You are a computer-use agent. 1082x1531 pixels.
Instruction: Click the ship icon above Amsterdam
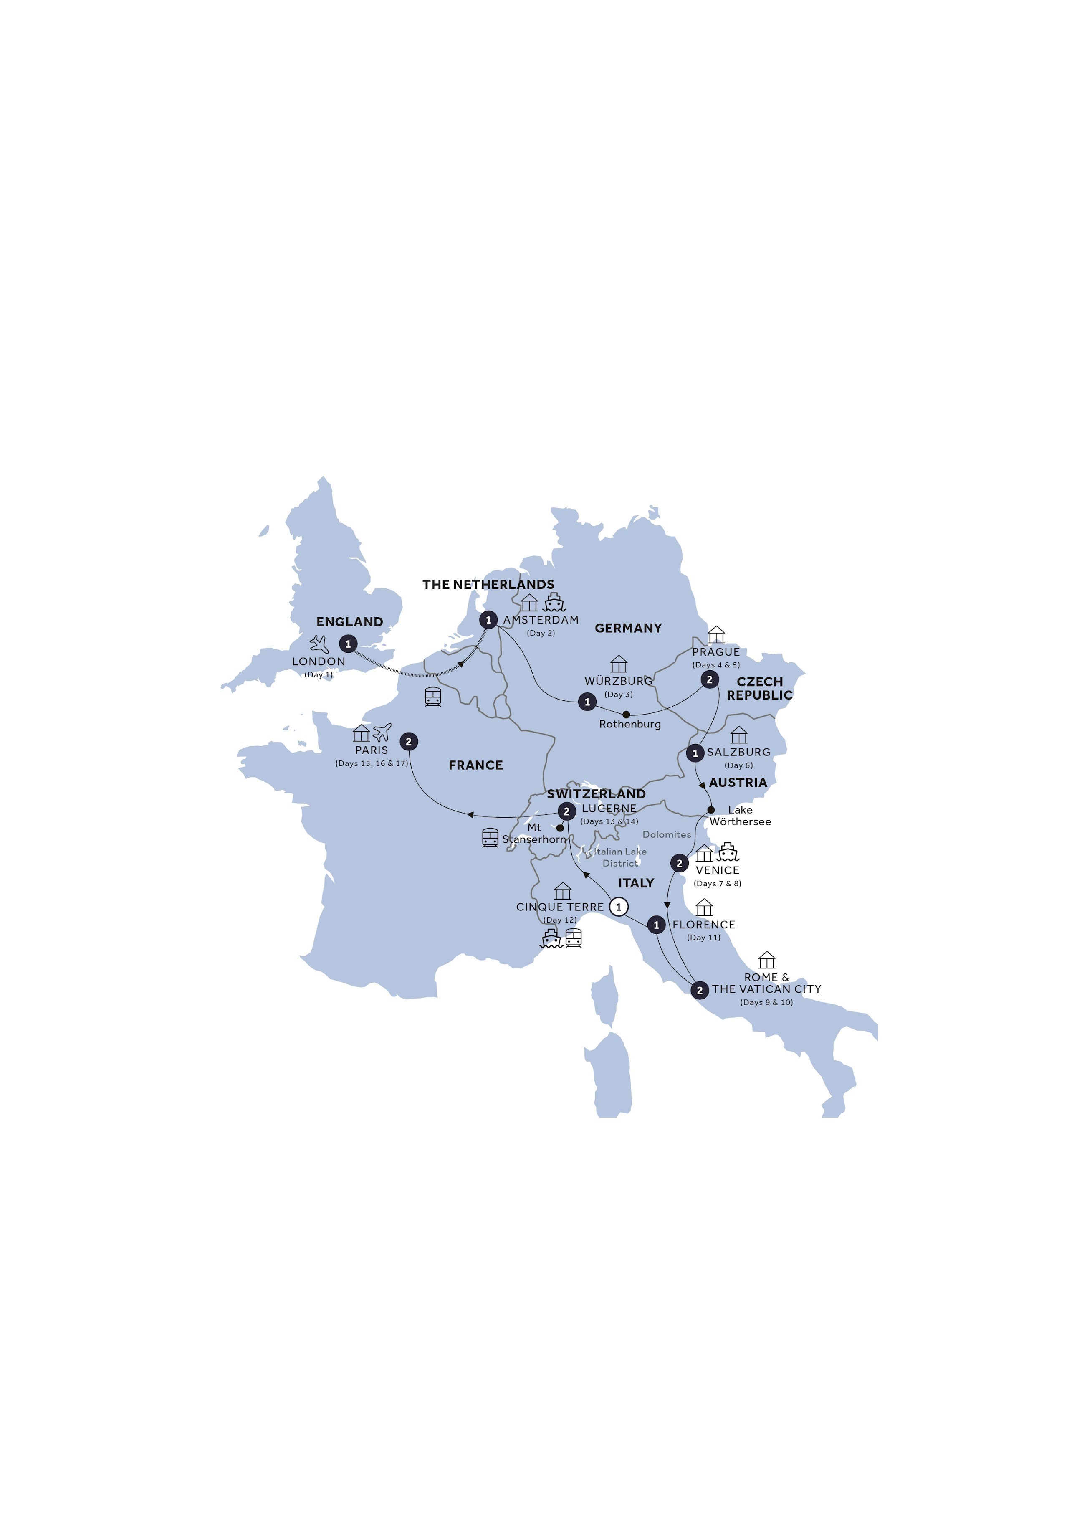coord(554,602)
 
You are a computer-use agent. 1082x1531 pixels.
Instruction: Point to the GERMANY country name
coord(628,628)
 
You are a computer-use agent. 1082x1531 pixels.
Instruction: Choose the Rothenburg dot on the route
coord(626,714)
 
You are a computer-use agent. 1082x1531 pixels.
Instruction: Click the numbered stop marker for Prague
coord(709,679)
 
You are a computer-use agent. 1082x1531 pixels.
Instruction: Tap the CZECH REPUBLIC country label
coord(759,688)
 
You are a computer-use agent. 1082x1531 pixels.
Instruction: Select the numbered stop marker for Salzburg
coord(695,753)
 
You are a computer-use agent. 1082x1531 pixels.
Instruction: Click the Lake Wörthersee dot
coord(710,810)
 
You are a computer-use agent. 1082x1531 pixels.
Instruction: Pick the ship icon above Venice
coord(727,853)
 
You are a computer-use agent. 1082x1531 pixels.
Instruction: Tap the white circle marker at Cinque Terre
coord(619,907)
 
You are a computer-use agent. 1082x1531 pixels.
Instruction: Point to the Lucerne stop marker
coord(566,811)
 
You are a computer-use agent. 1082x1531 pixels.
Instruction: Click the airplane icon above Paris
coord(382,733)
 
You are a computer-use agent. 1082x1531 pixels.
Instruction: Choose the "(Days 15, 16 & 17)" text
coord(372,763)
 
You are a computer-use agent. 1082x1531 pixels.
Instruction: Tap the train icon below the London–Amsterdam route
coord(432,697)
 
